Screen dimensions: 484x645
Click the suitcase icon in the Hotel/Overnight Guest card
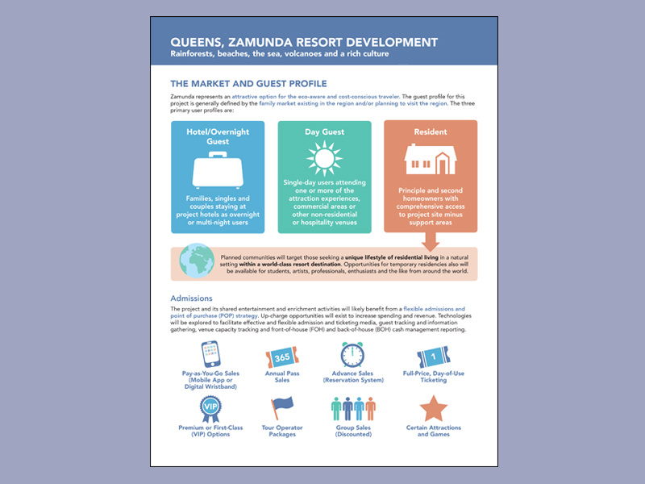click(x=218, y=172)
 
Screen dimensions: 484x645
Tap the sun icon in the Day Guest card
click(x=324, y=157)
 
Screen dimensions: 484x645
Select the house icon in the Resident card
click(x=430, y=161)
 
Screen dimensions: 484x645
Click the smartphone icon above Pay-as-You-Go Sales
click(x=210, y=355)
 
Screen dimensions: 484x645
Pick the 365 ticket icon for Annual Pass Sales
click(x=281, y=358)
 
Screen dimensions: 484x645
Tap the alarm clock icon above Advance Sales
click(x=352, y=355)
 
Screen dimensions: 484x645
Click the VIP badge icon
click(x=210, y=409)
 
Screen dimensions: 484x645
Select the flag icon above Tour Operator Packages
click(x=282, y=408)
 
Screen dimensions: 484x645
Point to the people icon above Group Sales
click(x=353, y=410)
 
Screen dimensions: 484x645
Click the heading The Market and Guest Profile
click(x=248, y=84)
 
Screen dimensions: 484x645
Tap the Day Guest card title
click(x=324, y=131)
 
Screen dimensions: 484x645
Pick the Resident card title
click(x=430, y=131)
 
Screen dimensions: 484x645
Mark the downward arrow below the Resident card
click(x=430, y=240)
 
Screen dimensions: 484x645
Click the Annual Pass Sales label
click(x=281, y=377)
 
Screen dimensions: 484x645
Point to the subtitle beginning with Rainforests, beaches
click(x=279, y=54)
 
